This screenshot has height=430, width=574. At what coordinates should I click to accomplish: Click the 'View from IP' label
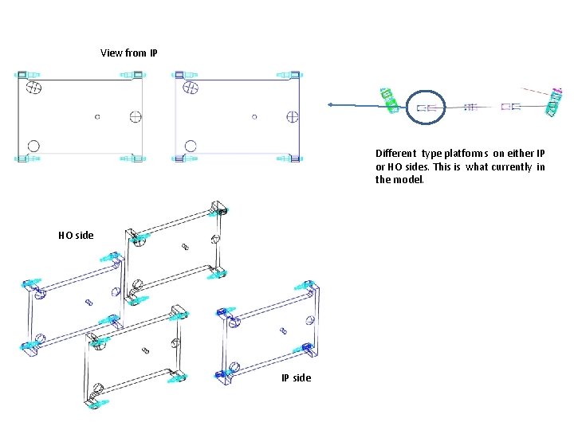(128, 53)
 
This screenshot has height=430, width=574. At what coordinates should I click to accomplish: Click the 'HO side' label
(76, 235)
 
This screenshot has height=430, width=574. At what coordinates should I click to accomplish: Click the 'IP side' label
(296, 377)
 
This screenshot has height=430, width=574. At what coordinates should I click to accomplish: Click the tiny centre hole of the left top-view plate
(97, 116)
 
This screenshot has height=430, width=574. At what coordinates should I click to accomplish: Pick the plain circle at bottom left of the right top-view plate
(190, 146)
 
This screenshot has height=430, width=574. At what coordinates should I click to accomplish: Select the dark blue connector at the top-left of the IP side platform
(226, 311)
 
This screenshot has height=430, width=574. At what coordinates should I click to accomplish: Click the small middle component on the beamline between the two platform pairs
(470, 106)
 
